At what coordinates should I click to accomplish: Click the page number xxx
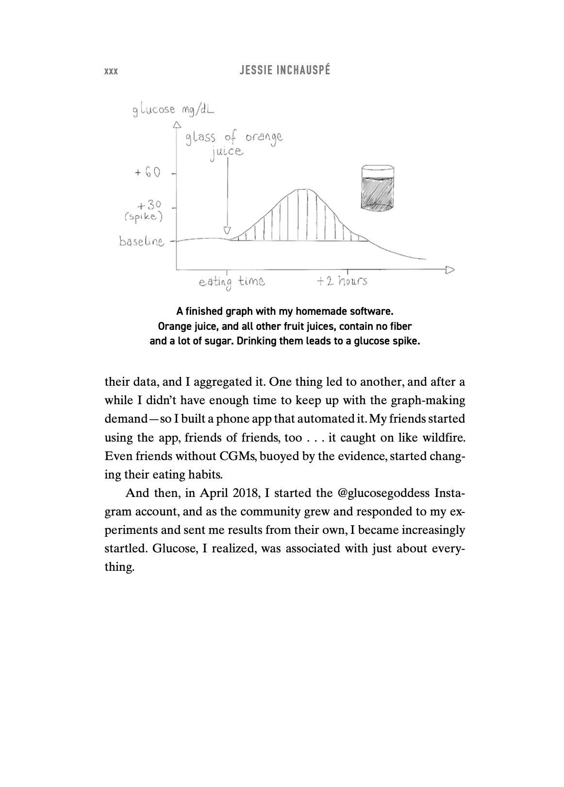(111, 71)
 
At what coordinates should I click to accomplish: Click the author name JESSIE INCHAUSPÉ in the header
(285, 70)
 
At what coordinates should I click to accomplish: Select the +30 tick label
(149, 206)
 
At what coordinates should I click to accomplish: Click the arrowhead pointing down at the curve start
(227, 230)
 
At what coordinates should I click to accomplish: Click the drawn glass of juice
(377, 188)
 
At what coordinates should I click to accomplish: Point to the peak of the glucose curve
(304, 189)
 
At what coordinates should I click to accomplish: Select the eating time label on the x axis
(232, 281)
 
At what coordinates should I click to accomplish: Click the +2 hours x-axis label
(342, 281)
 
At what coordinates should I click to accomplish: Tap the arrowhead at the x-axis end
(450, 269)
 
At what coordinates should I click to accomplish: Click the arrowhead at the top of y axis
(177, 124)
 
